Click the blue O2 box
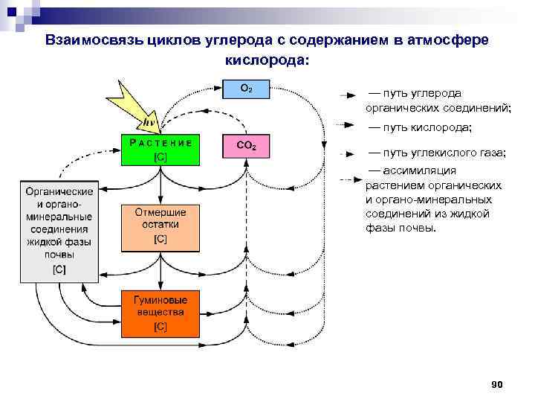coord(247,89)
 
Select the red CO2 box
coord(246,147)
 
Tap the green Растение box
coord(160,149)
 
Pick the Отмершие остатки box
coord(160,226)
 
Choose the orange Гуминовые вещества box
coord(160,313)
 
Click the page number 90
coord(497,384)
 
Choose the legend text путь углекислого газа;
coord(438,153)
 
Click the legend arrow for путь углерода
coord(346,95)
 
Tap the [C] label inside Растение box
coord(160,157)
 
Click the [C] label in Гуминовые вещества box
coord(160,326)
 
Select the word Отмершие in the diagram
coord(160,212)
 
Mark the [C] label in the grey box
coord(58,269)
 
